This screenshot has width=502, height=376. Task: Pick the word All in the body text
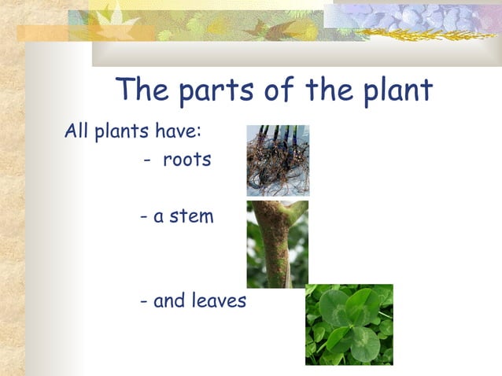76,131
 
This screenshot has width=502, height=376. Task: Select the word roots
187,160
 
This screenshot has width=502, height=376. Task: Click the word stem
191,216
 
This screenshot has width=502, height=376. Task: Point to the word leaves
217,300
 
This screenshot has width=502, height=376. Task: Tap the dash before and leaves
143,301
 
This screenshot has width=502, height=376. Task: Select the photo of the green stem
277,244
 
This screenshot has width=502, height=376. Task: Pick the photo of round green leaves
349,324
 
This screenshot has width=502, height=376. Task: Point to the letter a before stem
158,217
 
